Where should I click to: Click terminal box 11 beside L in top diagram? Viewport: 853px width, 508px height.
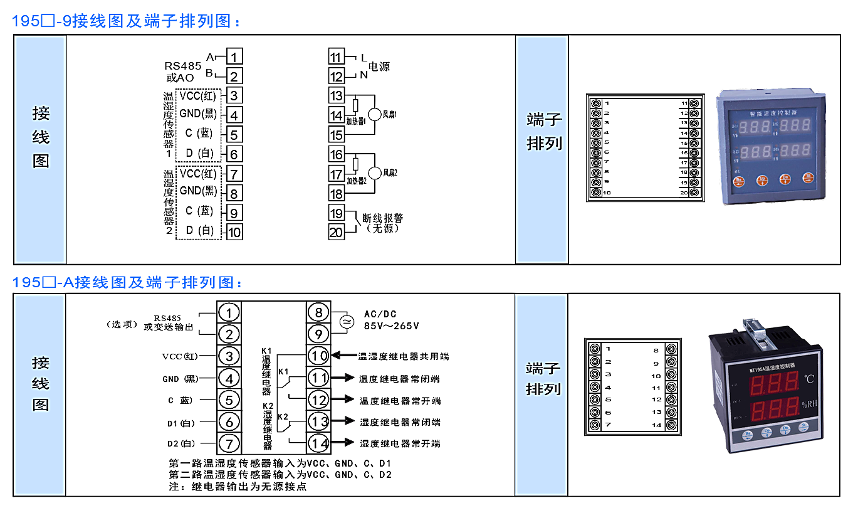point(337,57)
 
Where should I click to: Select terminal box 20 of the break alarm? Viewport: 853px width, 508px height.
point(337,232)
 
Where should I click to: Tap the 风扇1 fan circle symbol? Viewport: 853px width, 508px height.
point(375,114)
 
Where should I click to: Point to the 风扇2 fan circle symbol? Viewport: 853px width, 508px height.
point(375,173)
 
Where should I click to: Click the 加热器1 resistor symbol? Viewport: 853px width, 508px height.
point(355,105)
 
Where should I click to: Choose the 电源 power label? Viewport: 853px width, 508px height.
point(379,66)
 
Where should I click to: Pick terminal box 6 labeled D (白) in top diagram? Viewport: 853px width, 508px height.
point(234,154)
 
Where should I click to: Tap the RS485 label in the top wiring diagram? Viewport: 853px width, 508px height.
point(183,66)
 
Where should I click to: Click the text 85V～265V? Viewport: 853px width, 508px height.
point(392,326)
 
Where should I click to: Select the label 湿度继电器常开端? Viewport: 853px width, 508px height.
point(400,444)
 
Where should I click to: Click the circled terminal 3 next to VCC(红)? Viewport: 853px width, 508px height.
point(229,356)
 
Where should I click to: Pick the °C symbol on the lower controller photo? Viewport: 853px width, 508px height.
point(810,379)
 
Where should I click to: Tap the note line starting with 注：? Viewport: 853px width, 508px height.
point(238,486)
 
